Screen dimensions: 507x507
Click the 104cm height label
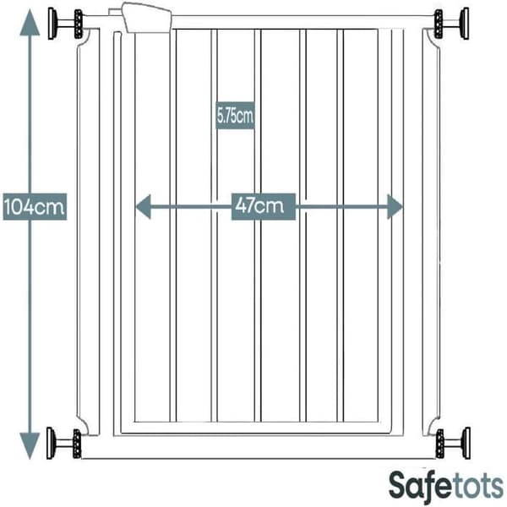(x=35, y=207)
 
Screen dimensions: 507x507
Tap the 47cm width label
(x=263, y=206)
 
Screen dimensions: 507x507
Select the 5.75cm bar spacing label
(x=235, y=116)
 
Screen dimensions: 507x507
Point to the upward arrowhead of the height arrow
(x=30, y=22)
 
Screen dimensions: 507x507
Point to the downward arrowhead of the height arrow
(x=30, y=445)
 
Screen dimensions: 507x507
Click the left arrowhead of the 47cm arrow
(x=144, y=207)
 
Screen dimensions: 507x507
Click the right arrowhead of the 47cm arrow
(x=395, y=207)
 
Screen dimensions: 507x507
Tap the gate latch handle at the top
(x=147, y=18)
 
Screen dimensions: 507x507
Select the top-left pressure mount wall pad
(x=52, y=24)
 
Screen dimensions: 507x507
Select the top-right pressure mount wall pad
(x=465, y=24)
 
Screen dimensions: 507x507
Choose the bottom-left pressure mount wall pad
(x=51, y=443)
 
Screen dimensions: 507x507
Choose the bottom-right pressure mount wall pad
(x=466, y=443)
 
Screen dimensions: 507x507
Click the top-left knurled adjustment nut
(x=79, y=24)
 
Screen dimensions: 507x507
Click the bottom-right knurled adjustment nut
(x=439, y=444)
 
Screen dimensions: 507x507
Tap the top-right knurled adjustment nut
(x=438, y=24)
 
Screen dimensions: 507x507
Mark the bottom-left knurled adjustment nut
(x=77, y=444)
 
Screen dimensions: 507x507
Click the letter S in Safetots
(x=398, y=486)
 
